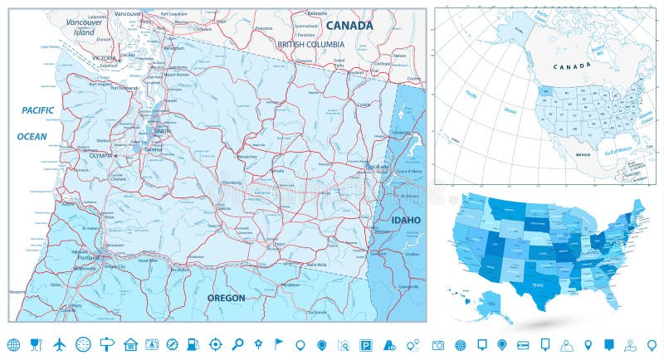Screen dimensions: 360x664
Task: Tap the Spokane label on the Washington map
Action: click(x=377, y=166)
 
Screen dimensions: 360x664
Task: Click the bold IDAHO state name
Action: click(x=406, y=220)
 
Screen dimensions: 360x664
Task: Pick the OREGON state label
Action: click(x=226, y=298)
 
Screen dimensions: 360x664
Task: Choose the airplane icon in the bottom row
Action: click(x=59, y=343)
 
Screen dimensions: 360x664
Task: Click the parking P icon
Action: click(x=366, y=343)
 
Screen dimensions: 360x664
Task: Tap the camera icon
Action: click(x=438, y=343)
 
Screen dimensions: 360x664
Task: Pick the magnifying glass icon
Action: click(x=237, y=343)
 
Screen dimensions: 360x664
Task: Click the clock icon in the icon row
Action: click(x=81, y=343)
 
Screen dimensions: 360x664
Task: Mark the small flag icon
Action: click(x=279, y=343)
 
